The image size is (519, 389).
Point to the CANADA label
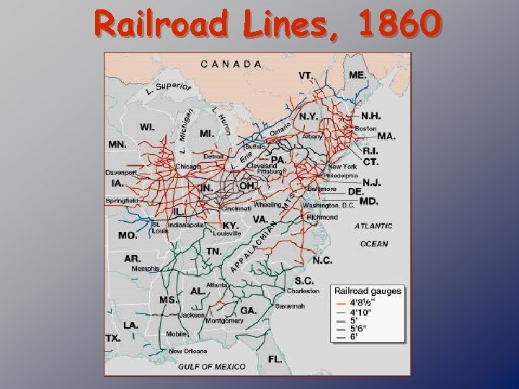231,63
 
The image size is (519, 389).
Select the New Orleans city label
188,352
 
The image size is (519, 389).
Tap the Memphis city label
145,269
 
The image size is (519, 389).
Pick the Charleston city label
303,291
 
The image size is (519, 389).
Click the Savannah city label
290,306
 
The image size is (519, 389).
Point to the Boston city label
365,128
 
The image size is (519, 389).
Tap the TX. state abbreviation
113,338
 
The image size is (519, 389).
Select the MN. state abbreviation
117,144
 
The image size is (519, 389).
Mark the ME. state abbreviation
357,74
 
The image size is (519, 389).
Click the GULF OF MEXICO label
212,367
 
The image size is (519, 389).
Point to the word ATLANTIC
373,225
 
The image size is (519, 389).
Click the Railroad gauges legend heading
368,291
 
